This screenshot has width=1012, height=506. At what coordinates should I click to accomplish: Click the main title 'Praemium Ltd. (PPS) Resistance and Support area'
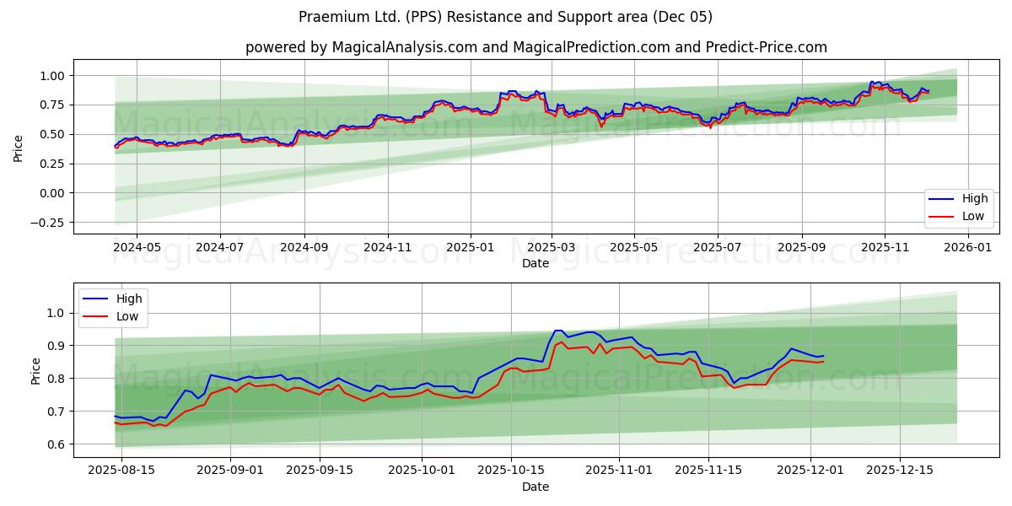505,17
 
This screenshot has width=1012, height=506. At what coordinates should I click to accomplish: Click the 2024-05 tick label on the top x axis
137,248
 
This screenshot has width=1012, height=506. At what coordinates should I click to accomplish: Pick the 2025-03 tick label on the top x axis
552,248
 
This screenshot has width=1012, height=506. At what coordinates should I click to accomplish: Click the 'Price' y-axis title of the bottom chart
35,371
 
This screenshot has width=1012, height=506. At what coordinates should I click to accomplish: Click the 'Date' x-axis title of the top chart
535,263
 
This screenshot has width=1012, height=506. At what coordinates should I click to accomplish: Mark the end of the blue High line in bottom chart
823,356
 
